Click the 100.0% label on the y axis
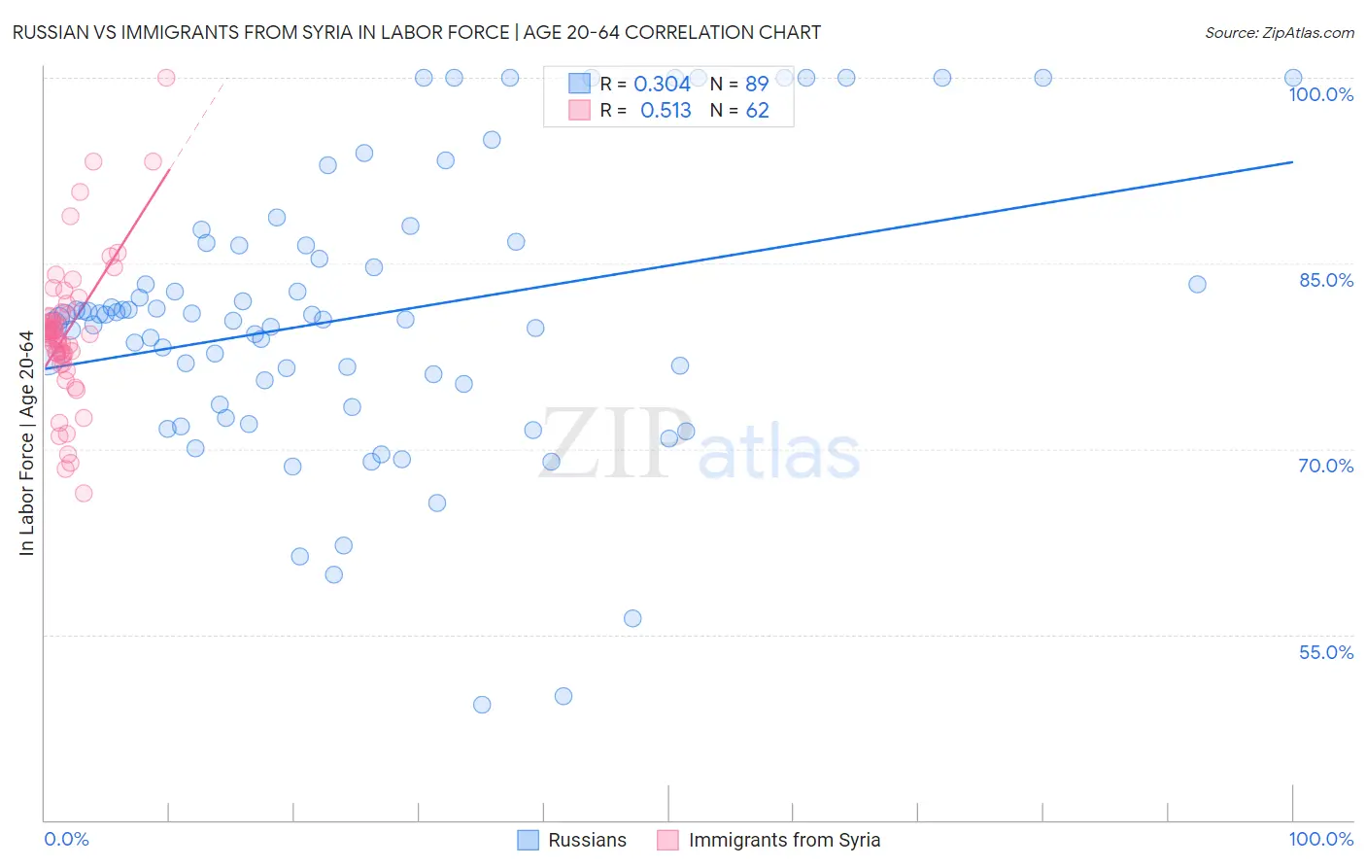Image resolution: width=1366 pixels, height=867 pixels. point(1320,94)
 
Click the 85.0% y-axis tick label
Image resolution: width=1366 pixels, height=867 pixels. point(1326,280)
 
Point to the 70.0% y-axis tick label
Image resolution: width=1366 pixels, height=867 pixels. point(1326,466)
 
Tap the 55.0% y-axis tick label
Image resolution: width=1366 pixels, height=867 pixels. point(1326,652)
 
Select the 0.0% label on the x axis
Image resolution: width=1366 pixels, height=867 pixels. point(66,839)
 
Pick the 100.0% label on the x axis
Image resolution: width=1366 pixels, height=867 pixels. point(1320,839)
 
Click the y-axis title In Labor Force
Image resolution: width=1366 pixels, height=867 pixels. point(26,443)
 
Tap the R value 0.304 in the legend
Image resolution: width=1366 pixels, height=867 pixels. point(662,85)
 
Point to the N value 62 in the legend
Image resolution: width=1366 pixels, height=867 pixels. point(757,111)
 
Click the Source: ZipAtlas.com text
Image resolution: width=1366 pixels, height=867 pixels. point(1279,33)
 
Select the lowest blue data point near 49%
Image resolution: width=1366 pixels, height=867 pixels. point(482,705)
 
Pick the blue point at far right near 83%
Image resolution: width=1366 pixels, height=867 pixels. point(1197,284)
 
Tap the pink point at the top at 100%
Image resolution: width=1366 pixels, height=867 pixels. point(166,78)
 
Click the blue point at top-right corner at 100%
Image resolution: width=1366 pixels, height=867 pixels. point(1293,78)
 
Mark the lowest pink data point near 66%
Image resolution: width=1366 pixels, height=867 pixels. point(84,493)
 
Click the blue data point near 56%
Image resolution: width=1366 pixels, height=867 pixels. point(632,618)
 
